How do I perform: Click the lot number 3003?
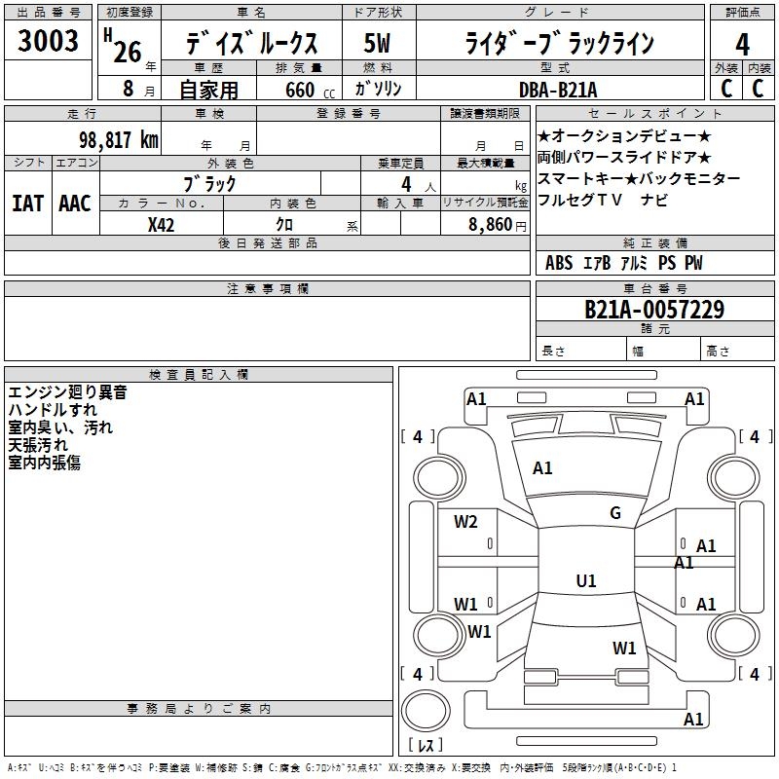(x=48, y=41)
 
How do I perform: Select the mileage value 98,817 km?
(x=119, y=140)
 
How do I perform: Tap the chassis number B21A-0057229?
(x=654, y=310)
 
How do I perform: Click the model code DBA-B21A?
(x=558, y=90)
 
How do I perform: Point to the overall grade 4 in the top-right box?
(x=742, y=45)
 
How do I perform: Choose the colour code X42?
(x=161, y=225)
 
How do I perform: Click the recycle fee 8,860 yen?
(x=498, y=225)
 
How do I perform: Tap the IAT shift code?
(x=28, y=204)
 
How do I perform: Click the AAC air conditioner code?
(x=75, y=204)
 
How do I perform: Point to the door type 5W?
(x=377, y=43)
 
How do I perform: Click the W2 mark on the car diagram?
(x=465, y=522)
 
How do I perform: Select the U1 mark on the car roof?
(x=586, y=580)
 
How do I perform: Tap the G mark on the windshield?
(x=615, y=513)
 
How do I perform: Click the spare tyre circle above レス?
(x=426, y=710)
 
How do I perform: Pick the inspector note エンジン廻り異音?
(x=67, y=392)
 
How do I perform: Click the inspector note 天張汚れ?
(x=38, y=445)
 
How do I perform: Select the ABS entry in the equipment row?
(x=559, y=263)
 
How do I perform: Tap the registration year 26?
(x=128, y=52)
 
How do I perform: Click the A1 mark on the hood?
(x=542, y=468)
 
